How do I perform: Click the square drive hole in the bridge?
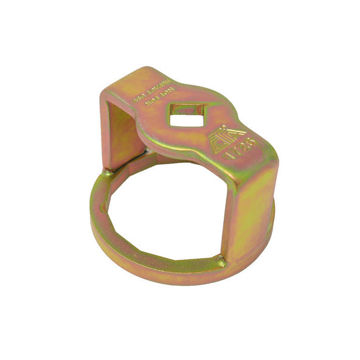click(186, 115)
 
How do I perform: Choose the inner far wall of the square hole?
click(187, 109)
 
